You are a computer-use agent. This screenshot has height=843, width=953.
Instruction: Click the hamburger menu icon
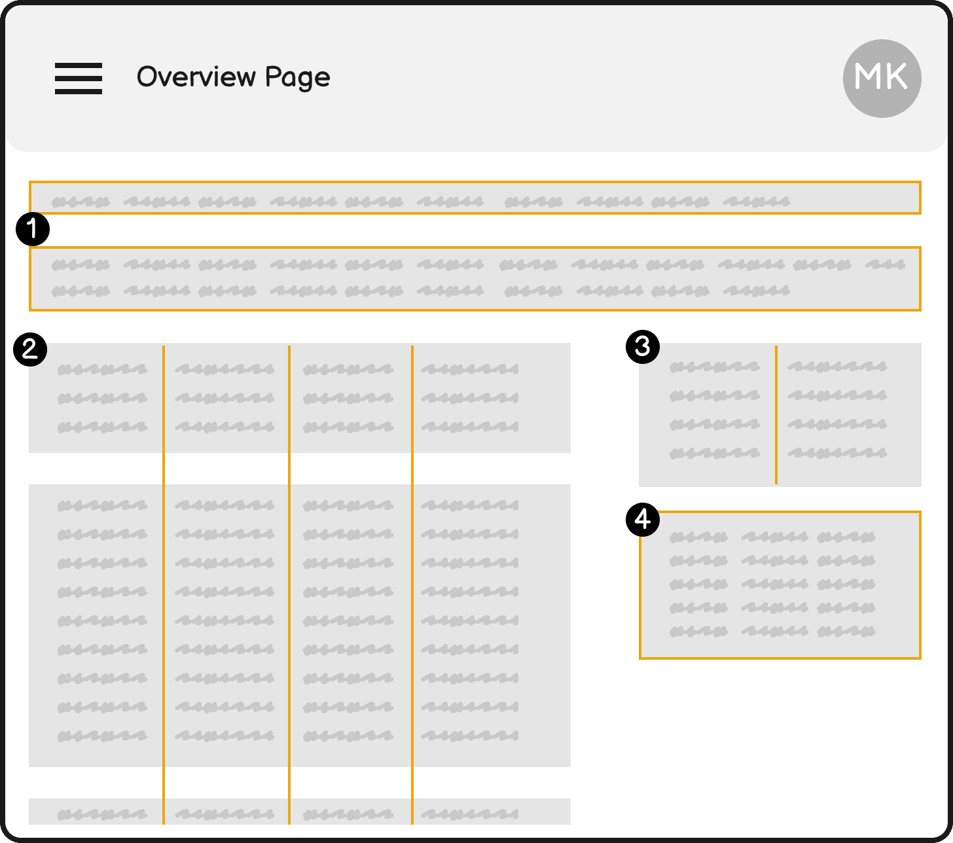pyautogui.click(x=79, y=79)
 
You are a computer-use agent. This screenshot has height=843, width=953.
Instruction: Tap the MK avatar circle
pyautogui.click(x=882, y=79)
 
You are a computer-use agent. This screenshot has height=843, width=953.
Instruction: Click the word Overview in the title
pyautogui.click(x=196, y=77)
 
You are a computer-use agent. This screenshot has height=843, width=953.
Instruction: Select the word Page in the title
pyautogui.click(x=297, y=78)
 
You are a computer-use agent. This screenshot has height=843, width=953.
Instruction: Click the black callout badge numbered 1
pyautogui.click(x=33, y=229)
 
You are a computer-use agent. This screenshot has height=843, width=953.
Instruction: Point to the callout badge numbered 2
pyautogui.click(x=30, y=350)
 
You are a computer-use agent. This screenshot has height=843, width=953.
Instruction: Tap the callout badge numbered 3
pyautogui.click(x=643, y=347)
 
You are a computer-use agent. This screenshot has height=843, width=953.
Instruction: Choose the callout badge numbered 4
pyautogui.click(x=643, y=520)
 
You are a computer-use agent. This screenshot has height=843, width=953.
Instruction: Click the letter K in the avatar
pyautogui.click(x=895, y=76)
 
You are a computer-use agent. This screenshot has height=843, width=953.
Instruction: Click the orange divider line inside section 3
pyautogui.click(x=776, y=415)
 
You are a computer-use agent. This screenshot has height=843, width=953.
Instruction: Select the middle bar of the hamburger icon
pyautogui.click(x=79, y=79)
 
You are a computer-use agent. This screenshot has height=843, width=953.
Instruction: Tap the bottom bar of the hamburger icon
pyautogui.click(x=79, y=92)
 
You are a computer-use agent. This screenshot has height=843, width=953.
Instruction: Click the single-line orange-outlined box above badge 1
pyautogui.click(x=475, y=182)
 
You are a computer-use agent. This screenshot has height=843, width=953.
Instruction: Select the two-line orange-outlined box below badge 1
pyautogui.click(x=475, y=247)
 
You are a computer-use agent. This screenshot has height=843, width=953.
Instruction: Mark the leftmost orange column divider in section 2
pyautogui.click(x=164, y=585)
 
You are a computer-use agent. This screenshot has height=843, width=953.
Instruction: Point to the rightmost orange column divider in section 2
pyautogui.click(x=412, y=585)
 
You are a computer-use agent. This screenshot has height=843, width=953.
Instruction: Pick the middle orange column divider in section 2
pyautogui.click(x=289, y=585)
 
